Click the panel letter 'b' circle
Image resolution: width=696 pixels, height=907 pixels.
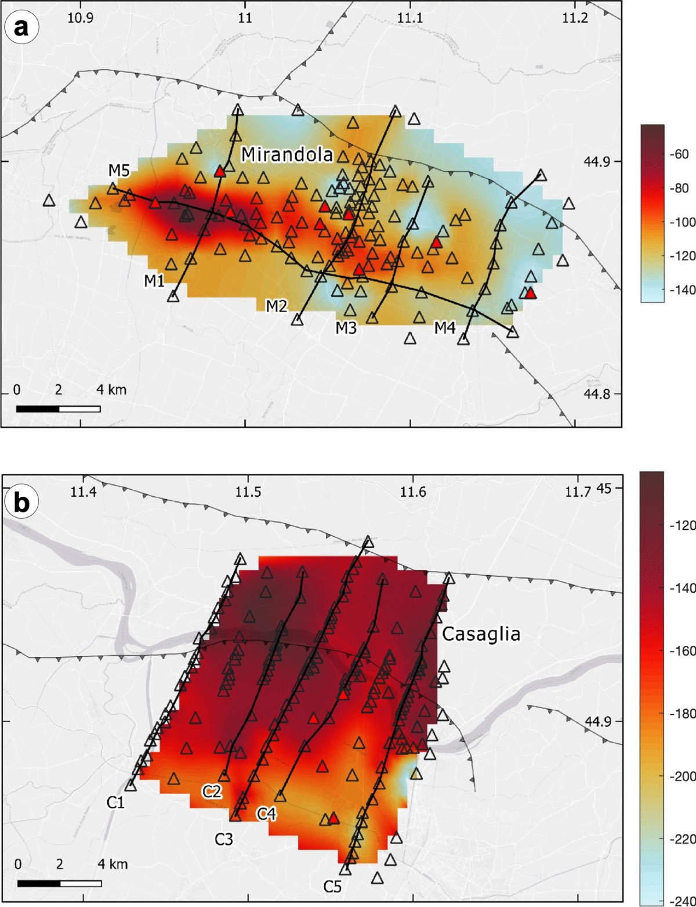(x=21, y=503)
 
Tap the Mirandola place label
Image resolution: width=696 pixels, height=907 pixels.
(x=287, y=154)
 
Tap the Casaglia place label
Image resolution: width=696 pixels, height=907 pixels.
(x=481, y=634)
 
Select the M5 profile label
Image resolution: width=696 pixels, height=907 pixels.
(x=119, y=170)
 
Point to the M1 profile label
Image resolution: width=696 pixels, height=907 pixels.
(x=154, y=281)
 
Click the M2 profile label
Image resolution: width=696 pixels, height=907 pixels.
(x=277, y=305)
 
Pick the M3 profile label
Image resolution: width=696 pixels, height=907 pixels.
(x=346, y=328)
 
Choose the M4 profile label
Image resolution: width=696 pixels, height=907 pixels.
(x=445, y=328)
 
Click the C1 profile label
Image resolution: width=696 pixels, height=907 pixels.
(x=115, y=803)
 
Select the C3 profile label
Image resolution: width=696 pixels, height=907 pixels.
(x=224, y=839)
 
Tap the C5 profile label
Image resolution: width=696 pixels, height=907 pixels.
(x=332, y=886)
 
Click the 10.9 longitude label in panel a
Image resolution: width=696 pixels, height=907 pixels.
(x=80, y=18)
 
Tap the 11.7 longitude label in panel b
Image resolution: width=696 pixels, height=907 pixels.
(x=578, y=492)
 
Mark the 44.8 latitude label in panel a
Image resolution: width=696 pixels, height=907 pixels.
(x=597, y=394)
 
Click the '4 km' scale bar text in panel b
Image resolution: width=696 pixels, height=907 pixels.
(x=113, y=864)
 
